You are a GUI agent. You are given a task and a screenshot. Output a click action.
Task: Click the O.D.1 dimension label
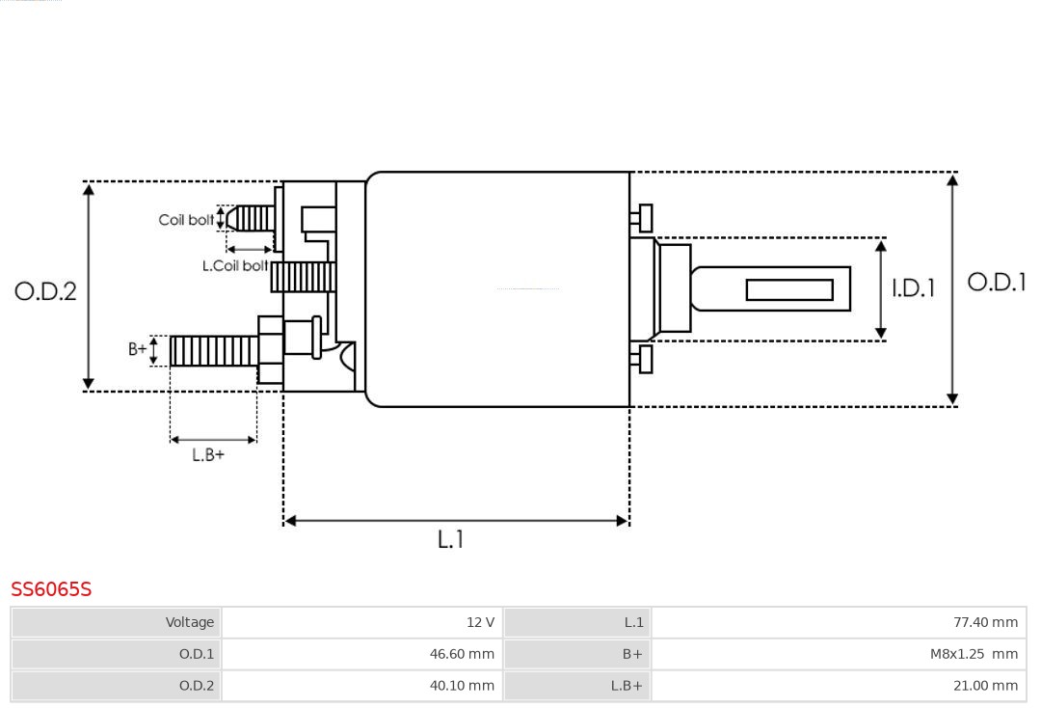(997, 282)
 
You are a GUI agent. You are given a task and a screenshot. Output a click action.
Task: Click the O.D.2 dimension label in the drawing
(45, 290)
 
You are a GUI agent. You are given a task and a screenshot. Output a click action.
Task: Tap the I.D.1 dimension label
(912, 287)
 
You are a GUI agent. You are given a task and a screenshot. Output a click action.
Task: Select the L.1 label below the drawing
(450, 539)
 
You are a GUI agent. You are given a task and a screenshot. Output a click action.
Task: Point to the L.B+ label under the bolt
(208, 454)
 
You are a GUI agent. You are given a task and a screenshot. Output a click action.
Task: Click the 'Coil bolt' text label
(186, 220)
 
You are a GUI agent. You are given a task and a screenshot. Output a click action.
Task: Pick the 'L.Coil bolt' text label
(234, 265)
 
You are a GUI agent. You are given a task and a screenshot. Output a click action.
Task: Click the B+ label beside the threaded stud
(138, 349)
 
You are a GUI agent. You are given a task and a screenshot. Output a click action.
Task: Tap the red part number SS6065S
(51, 588)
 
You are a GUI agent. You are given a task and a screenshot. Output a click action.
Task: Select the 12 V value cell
(362, 622)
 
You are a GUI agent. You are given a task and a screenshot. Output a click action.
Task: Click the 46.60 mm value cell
(362, 654)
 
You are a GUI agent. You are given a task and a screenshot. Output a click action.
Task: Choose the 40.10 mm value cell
(362, 686)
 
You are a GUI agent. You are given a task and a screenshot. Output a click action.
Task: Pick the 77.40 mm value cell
(839, 622)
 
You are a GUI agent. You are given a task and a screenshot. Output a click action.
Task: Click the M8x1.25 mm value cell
(839, 654)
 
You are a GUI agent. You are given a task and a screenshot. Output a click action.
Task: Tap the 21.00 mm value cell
(839, 686)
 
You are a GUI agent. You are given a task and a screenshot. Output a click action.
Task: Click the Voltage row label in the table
(117, 622)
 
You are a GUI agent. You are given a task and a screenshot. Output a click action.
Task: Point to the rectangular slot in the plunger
(789, 289)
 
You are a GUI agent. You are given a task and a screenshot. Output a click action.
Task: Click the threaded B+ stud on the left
(213, 351)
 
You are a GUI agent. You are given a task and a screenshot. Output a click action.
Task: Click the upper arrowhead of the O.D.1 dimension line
(952, 179)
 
